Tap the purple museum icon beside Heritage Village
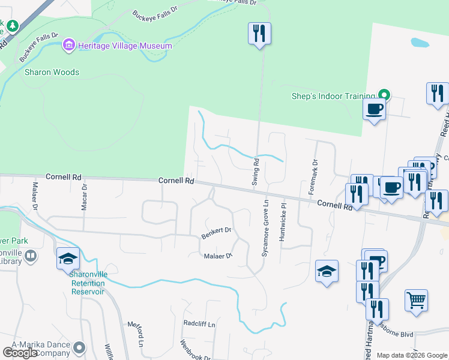(x=69, y=46)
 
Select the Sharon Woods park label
(x=52, y=73)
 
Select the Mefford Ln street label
(x=136, y=335)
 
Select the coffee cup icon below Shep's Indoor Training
(x=374, y=109)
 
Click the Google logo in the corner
(x=20, y=353)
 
